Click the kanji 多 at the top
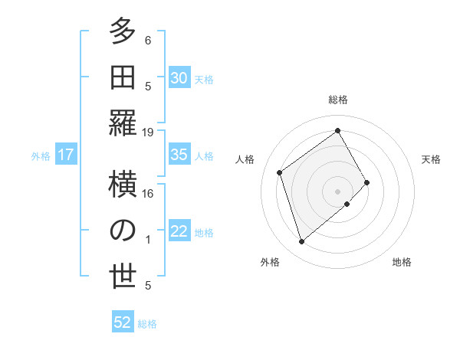[x=122, y=31]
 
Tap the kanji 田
[x=122, y=77]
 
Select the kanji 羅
[x=122, y=123]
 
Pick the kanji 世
[x=122, y=277]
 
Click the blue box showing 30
[x=179, y=77]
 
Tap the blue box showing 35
[x=179, y=155]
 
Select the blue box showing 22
[x=179, y=232]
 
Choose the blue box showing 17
[x=65, y=155]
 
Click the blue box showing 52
[x=122, y=322]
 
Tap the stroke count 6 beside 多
[x=148, y=41]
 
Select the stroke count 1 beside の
[x=148, y=240]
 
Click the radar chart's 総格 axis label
[x=337, y=100]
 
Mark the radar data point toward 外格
[x=301, y=242]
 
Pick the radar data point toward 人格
[x=280, y=172]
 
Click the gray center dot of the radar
[x=337, y=190]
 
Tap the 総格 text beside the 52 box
[x=147, y=324]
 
